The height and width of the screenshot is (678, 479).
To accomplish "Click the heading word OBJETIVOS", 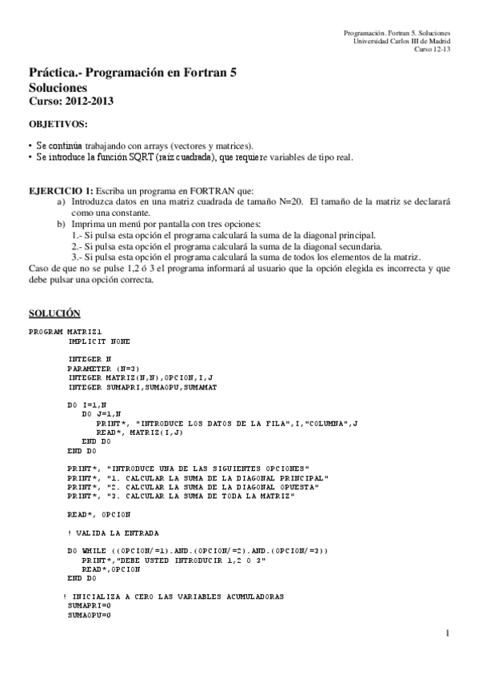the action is [58, 126].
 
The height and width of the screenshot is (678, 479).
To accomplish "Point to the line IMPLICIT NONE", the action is [99, 341].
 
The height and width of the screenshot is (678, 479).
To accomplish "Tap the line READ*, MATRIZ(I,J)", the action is [140, 432].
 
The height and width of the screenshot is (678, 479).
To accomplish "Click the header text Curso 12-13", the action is [432, 48].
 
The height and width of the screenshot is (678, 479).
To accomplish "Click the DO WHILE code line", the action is [198, 551].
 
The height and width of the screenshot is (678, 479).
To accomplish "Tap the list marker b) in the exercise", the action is [62, 225].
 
